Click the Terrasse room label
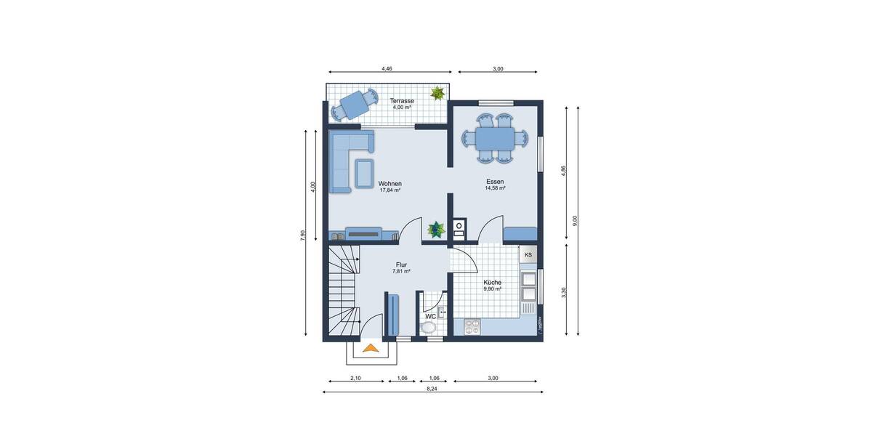[402, 101]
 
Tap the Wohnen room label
[390, 184]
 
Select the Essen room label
[496, 182]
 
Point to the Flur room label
[401, 265]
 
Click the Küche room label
[492, 282]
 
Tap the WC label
[430, 316]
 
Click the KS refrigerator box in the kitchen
[528, 254]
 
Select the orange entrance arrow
[371, 349]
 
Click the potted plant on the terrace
[437, 93]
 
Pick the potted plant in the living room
[436, 229]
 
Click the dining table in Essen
[496, 137]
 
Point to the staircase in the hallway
[343, 291]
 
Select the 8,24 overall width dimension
[432, 389]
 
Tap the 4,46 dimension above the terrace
[387, 68]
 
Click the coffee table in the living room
[364, 172]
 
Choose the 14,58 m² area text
[496, 188]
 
